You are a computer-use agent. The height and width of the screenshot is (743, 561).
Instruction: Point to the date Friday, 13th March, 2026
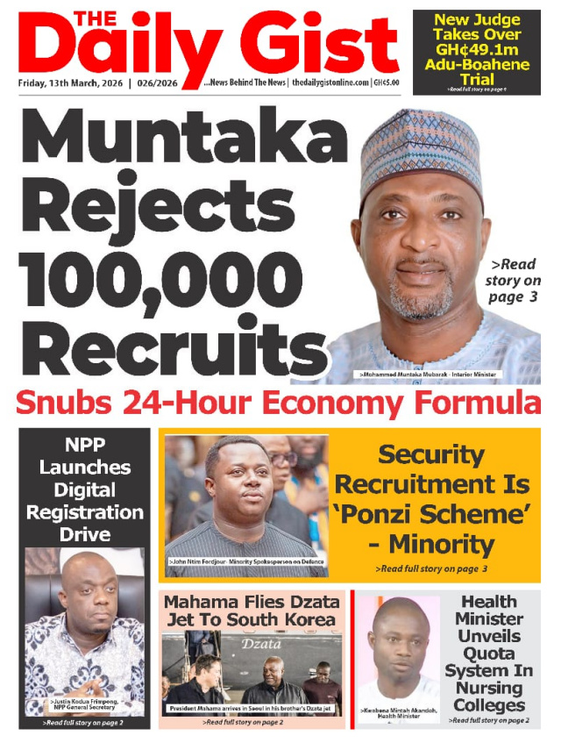pyautogui.click(x=70, y=83)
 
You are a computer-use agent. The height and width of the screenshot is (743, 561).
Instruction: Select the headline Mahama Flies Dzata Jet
pyautogui.click(x=250, y=611)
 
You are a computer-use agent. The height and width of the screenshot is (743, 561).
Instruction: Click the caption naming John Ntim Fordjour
pyautogui.click(x=245, y=560)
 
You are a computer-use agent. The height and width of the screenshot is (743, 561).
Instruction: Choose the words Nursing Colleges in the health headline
pyautogui.click(x=493, y=693)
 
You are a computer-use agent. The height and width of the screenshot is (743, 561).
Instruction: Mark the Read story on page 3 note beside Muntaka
pyautogui.click(x=513, y=281)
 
